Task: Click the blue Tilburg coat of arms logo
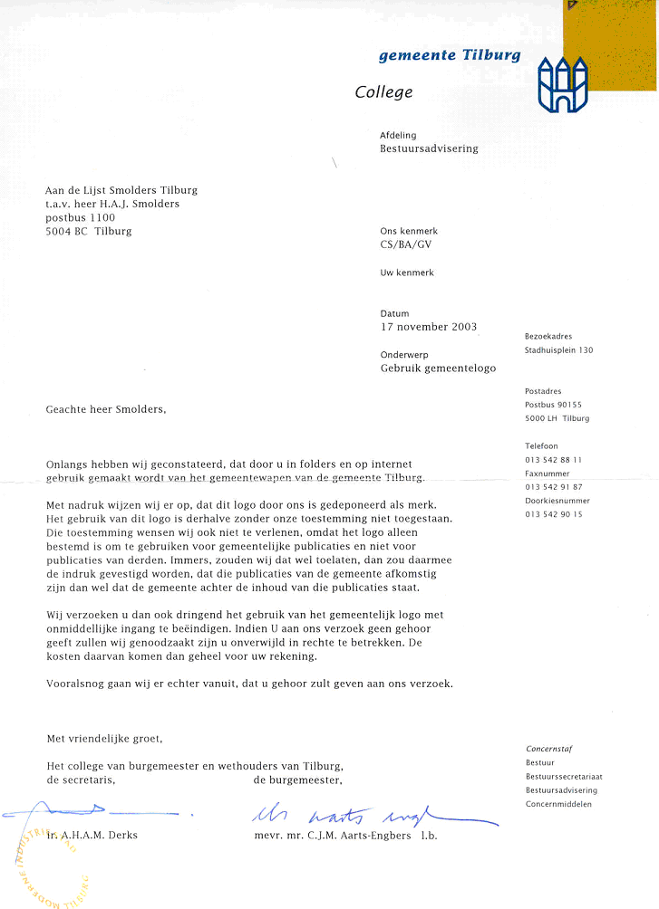pyautogui.click(x=562, y=83)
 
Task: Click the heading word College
pyautogui.click(x=383, y=92)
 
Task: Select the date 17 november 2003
pyautogui.click(x=428, y=327)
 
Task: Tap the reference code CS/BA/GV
pyautogui.click(x=409, y=244)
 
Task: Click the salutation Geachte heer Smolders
pyautogui.click(x=106, y=409)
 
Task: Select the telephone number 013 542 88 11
pyautogui.click(x=553, y=460)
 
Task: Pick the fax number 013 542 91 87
pyautogui.click(x=553, y=487)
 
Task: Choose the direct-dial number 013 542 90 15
pyautogui.click(x=553, y=514)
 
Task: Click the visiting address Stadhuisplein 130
pyautogui.click(x=558, y=350)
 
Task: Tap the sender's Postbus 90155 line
pyautogui.click(x=553, y=405)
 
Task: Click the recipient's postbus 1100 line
pyautogui.click(x=81, y=218)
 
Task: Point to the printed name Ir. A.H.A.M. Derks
pyautogui.click(x=92, y=835)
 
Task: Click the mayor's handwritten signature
pyautogui.click(x=372, y=811)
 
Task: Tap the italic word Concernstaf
pyautogui.click(x=548, y=749)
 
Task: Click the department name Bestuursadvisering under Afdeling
pyautogui.click(x=429, y=148)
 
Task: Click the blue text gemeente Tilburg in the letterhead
pyautogui.click(x=450, y=55)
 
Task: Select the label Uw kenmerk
pyautogui.click(x=407, y=273)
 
